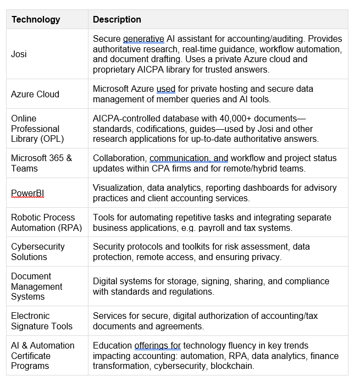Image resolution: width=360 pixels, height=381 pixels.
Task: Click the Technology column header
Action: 36,20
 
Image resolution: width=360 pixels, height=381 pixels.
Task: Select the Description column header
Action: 117,20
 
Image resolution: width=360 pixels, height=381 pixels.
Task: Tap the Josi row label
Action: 19,54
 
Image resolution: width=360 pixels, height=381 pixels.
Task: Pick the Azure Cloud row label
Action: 35,94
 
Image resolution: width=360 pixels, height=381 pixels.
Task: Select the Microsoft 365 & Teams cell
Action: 41,163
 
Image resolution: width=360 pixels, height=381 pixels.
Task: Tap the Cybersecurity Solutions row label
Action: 38,252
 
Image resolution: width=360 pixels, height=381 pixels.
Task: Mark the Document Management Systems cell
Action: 37,286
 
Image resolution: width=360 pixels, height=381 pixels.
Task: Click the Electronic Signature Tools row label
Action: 42,321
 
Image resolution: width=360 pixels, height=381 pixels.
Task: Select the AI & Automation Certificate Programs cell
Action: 43,356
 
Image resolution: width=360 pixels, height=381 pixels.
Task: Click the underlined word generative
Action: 143,39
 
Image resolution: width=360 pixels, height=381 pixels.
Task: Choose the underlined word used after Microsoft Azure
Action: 166,89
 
